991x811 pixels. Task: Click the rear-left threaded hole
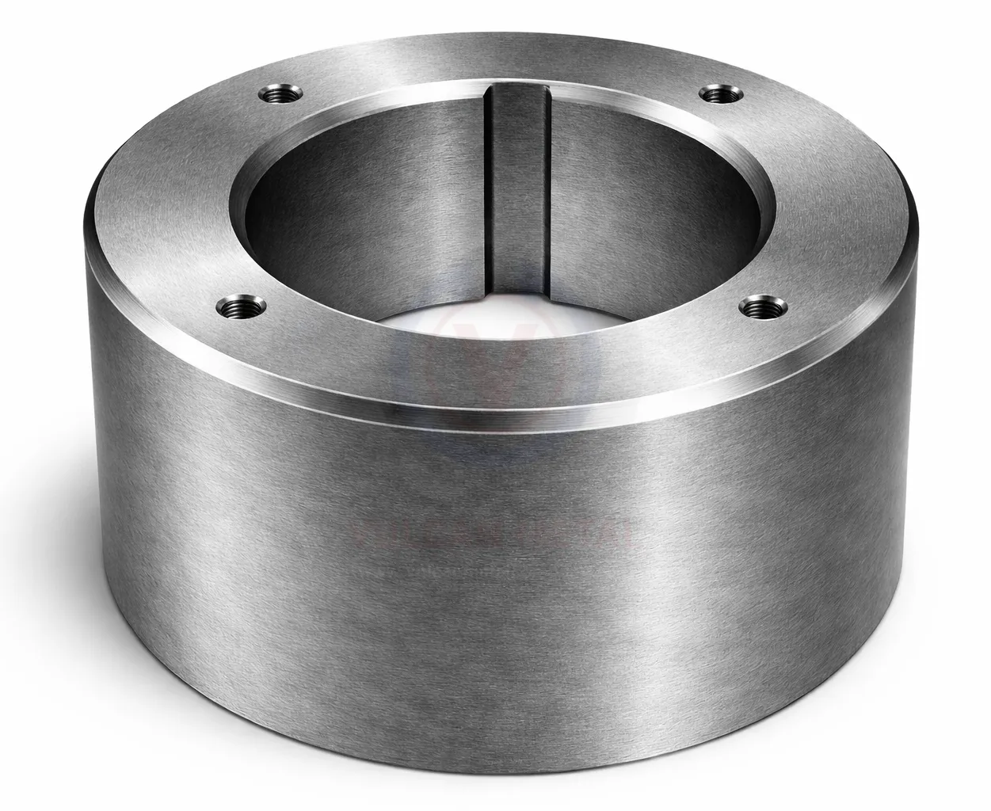(279, 96)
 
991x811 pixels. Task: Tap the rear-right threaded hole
(719, 94)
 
